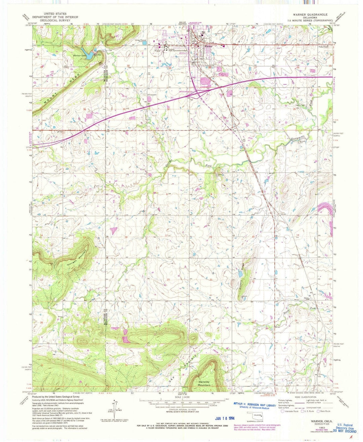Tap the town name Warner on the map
[209, 47]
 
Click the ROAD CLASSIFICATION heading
[304, 397]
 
